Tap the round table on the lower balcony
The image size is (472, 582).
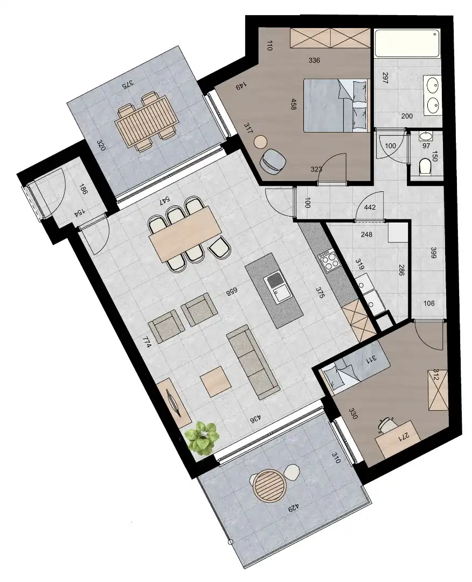268,486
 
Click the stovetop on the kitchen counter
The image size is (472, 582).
328,261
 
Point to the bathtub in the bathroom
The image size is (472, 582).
407,45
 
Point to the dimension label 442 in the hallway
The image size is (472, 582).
370,207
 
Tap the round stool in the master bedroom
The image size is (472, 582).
261,142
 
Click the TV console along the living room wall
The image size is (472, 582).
175,401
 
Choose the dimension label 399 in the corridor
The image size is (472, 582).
433,254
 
